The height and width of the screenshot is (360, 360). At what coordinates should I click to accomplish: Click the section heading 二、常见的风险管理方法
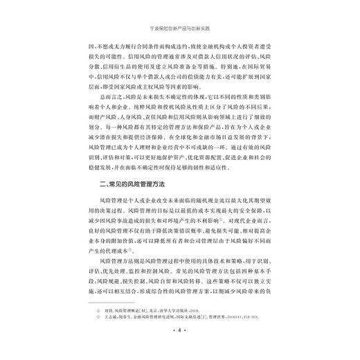tap(120, 183)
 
